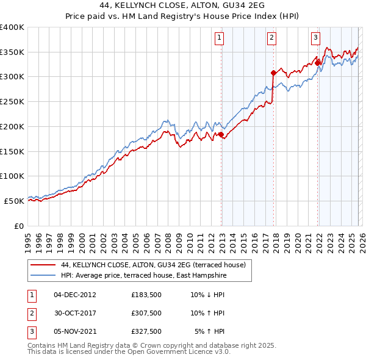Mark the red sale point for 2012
(x=221, y=135)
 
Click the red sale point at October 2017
(x=273, y=73)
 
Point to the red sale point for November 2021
(x=317, y=62)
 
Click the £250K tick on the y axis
(x=12, y=101)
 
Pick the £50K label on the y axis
(x=14, y=201)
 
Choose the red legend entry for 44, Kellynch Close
(x=153, y=265)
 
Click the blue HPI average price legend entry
(x=143, y=276)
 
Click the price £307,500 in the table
(x=146, y=313)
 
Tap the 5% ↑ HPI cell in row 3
(x=210, y=331)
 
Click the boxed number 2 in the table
(x=30, y=313)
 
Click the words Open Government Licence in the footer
(x=173, y=352)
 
